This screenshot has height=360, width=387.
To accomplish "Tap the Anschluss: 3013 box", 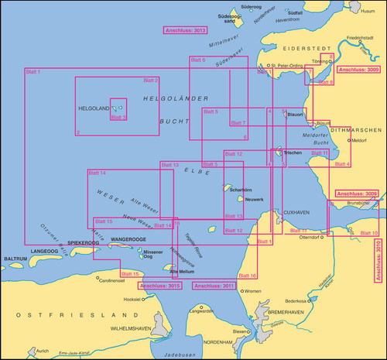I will (x=186, y=30).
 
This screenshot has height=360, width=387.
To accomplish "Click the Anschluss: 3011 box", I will (x=213, y=286).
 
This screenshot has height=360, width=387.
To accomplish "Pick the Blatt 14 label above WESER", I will (x=97, y=173).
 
